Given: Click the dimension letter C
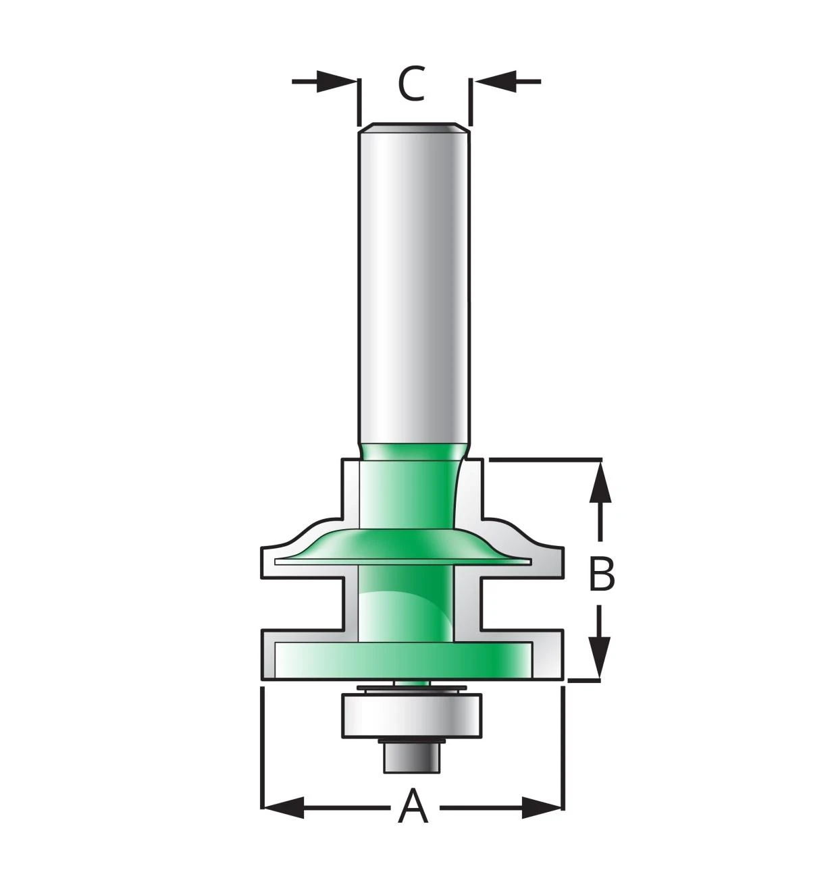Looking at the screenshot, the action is (x=411, y=84).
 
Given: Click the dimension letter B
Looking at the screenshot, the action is (x=601, y=574).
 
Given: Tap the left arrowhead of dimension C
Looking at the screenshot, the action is (x=336, y=82).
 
